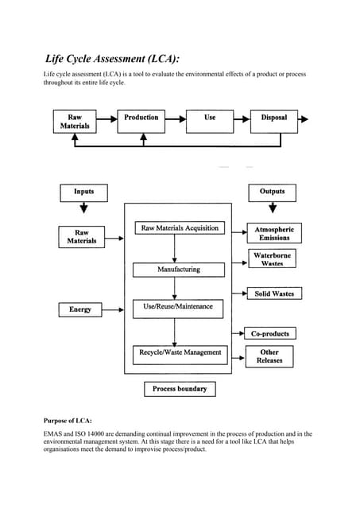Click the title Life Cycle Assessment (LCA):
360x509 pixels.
click(x=112, y=58)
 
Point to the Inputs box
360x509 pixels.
click(x=83, y=192)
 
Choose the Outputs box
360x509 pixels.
click(x=273, y=192)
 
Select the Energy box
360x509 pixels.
click(x=80, y=309)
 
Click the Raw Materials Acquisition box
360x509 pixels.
click(x=179, y=228)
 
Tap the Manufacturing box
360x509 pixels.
click(x=179, y=270)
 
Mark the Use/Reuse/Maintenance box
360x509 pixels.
click(x=178, y=307)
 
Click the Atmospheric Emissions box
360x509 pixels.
click(x=274, y=233)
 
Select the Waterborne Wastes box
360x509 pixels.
click(x=273, y=258)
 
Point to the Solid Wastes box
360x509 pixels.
click(x=274, y=293)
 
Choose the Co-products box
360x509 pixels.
click(x=270, y=333)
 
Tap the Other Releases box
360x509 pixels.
click(x=269, y=356)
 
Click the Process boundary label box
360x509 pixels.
click(x=180, y=389)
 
